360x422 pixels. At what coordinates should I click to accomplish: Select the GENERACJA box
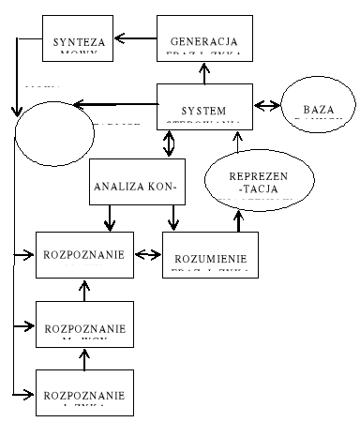[x=203, y=42]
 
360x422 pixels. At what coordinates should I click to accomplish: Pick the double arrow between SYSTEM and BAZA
[x=266, y=103]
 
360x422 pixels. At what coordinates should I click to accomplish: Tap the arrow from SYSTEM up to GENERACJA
[x=203, y=70]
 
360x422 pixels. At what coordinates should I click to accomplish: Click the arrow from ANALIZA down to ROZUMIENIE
[x=172, y=219]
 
